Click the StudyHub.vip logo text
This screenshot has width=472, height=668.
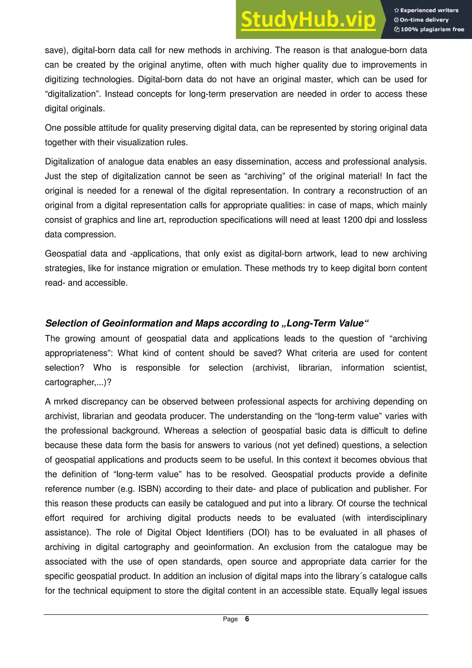click(x=308, y=20)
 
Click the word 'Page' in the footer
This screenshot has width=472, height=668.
click(x=230, y=619)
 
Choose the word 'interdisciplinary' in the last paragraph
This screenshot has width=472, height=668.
click(x=397, y=518)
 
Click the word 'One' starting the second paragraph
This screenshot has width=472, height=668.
click(x=53, y=128)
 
